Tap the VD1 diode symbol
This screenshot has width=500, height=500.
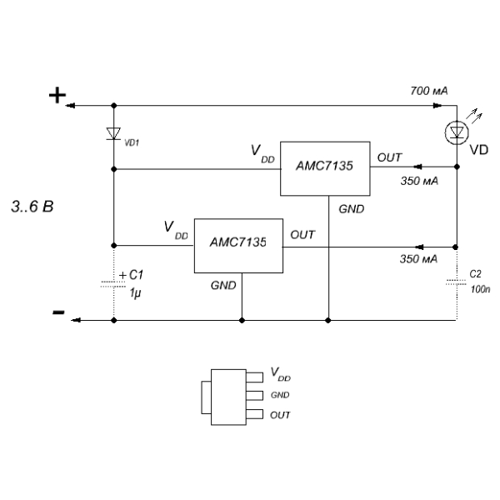point(113,133)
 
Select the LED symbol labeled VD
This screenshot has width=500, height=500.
point(457,132)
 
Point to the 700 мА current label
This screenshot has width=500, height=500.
point(429,91)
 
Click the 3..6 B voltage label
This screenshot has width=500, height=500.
point(32,207)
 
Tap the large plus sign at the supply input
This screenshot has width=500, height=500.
point(57,95)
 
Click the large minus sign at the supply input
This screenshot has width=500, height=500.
point(58,312)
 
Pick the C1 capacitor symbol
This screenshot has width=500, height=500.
point(113,284)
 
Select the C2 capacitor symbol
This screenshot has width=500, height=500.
point(457,282)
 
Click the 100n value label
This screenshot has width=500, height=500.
point(480,289)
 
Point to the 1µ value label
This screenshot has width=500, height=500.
point(135,293)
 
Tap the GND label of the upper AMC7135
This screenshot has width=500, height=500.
point(352,209)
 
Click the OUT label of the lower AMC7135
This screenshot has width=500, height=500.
point(302,235)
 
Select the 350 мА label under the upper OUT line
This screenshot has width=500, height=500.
point(419,181)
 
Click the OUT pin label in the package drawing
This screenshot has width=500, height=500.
point(280,415)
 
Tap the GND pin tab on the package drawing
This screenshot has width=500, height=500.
point(254,395)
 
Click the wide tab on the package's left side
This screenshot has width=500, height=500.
point(206,397)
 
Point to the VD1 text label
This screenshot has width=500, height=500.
point(132,142)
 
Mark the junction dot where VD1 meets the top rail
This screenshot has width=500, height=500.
point(113,106)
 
